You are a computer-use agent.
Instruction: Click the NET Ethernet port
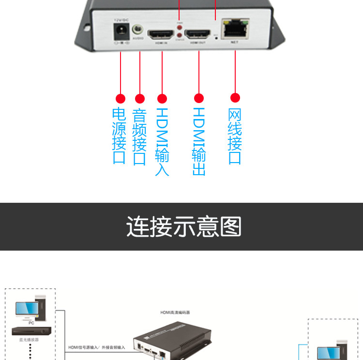pos(235,30)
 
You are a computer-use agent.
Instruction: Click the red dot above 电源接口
pos(121,99)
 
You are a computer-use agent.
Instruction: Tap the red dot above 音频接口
pos(139,99)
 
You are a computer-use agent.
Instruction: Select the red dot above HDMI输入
pos(162,99)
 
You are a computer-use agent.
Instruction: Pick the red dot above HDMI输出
pos(199,98)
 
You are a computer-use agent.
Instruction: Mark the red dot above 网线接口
pos(235,98)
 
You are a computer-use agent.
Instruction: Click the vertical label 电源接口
pos(120,136)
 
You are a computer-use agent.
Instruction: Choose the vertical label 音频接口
pos(139,137)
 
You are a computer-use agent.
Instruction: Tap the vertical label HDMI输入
pos(162,141)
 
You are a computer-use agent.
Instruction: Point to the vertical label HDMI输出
pos(199,141)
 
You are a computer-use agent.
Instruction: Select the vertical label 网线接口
pos(235,136)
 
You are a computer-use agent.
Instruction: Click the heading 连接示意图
pos(183,226)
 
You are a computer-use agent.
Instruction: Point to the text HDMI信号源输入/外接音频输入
pos(96,347)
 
